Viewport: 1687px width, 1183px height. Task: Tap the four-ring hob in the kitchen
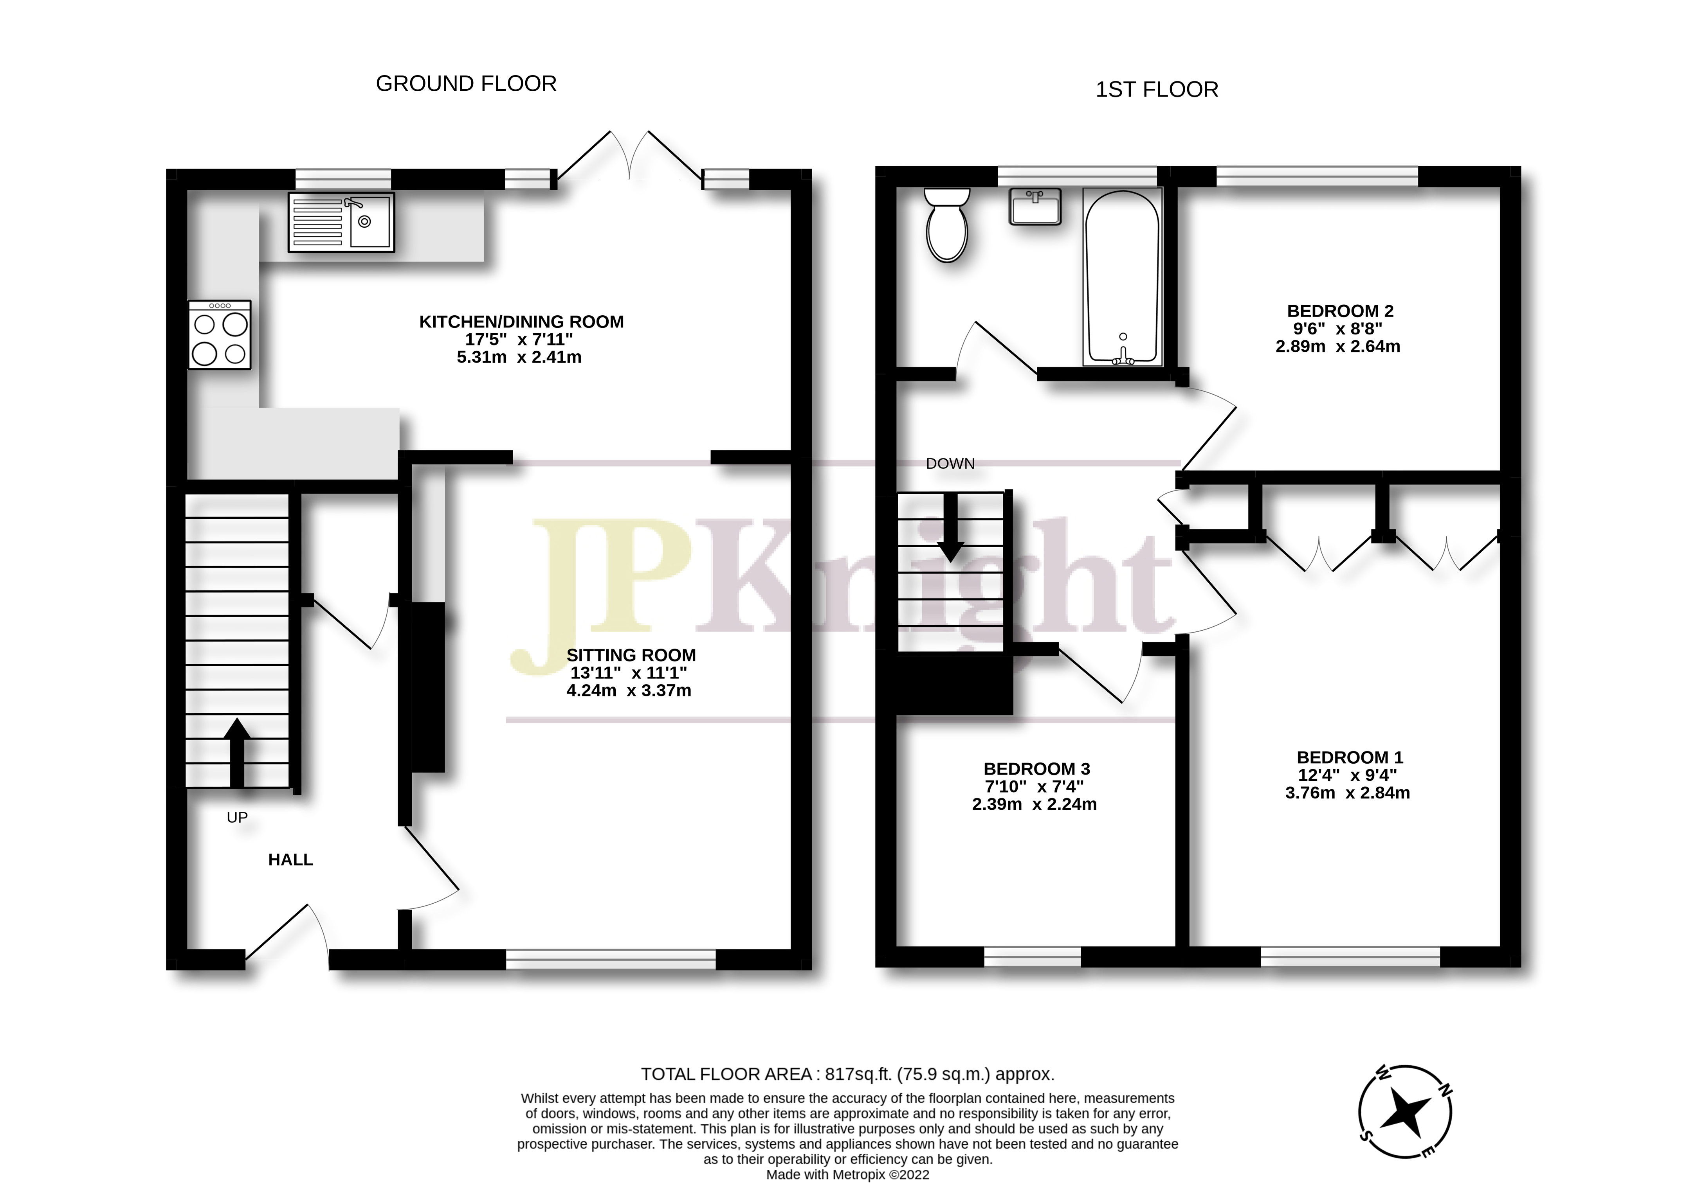point(219,335)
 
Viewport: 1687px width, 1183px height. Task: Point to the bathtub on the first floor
point(1122,277)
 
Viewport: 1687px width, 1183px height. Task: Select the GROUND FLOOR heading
point(466,84)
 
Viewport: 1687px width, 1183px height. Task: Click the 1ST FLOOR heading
point(1157,90)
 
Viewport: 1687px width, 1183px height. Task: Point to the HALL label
point(290,860)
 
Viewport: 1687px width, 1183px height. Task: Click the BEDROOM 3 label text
point(1036,769)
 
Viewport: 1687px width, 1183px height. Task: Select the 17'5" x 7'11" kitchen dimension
point(519,339)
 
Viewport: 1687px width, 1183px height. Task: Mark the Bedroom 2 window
point(1317,177)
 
